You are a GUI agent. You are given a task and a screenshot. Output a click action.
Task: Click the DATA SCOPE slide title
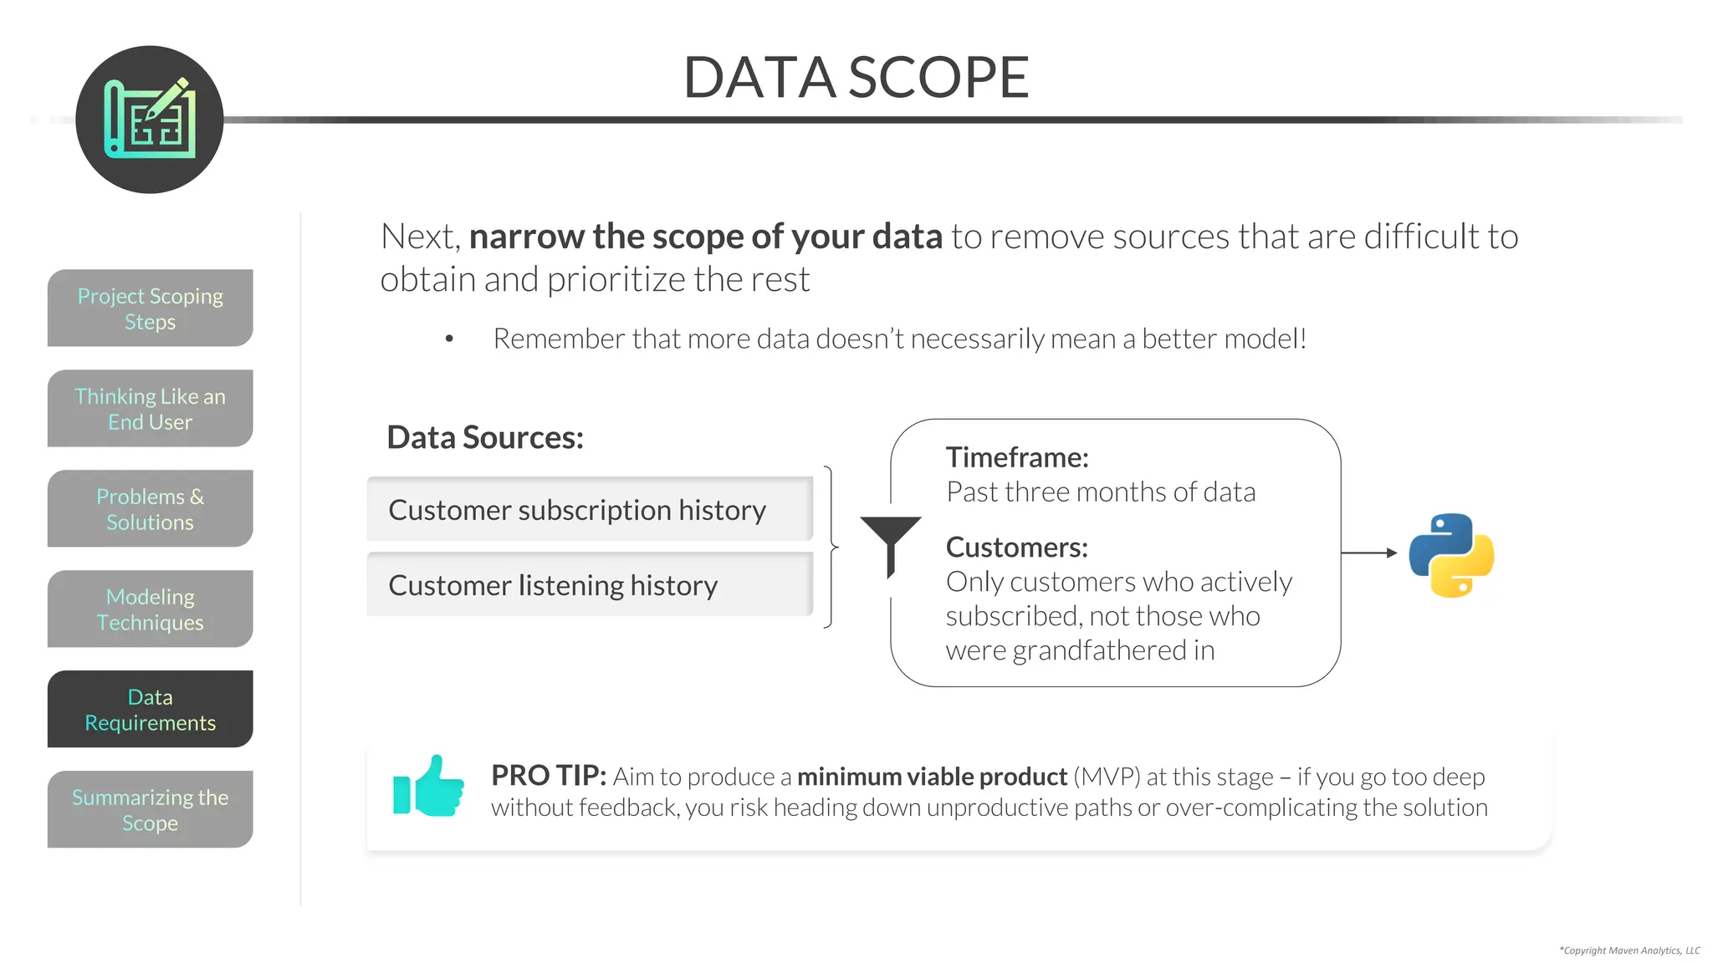pyautogui.click(x=856, y=77)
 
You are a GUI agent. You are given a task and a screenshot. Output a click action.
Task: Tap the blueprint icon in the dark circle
pyautogui.click(x=150, y=119)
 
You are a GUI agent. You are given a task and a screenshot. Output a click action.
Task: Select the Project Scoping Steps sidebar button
pyautogui.click(x=150, y=308)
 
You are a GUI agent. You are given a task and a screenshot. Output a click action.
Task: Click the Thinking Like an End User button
pyautogui.click(x=150, y=409)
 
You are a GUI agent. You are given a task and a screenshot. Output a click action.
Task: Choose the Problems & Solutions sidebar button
pyautogui.click(x=150, y=509)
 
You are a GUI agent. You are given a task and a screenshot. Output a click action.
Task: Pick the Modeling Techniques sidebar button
pyautogui.click(x=150, y=609)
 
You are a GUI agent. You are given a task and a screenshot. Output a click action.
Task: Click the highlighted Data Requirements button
pyautogui.click(x=150, y=710)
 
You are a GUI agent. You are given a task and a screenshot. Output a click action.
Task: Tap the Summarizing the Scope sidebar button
pyautogui.click(x=150, y=810)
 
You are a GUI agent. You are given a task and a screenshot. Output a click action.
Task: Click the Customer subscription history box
pyautogui.click(x=590, y=510)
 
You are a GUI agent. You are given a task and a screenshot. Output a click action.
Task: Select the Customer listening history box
pyautogui.click(x=590, y=585)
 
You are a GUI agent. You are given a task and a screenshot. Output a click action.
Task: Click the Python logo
pyautogui.click(x=1451, y=555)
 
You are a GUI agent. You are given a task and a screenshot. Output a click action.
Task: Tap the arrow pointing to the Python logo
pyautogui.click(x=1369, y=553)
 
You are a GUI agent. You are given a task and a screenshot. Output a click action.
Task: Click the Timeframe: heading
pyautogui.click(x=1017, y=457)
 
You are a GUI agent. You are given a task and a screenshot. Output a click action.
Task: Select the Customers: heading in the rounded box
pyautogui.click(x=1016, y=548)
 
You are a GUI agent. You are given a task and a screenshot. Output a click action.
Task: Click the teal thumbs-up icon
pyautogui.click(x=428, y=787)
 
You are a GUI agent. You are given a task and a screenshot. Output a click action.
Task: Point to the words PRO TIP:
pyautogui.click(x=548, y=776)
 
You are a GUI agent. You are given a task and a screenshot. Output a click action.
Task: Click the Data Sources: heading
pyautogui.click(x=484, y=438)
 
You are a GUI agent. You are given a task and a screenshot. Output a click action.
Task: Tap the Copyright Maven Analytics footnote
pyautogui.click(x=1629, y=950)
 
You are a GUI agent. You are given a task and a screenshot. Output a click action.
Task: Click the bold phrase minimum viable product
pyautogui.click(x=932, y=777)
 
